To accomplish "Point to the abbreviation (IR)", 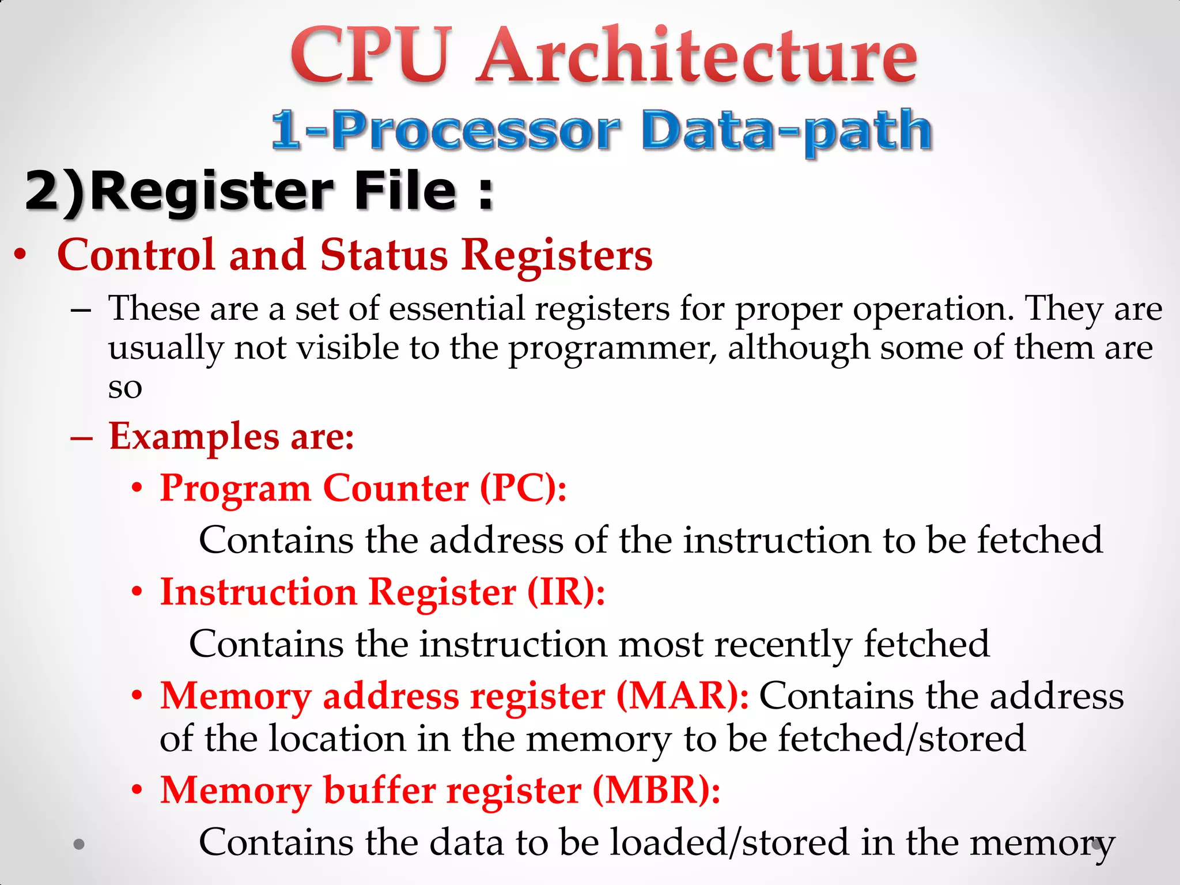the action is tap(565, 592).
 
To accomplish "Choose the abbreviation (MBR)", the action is tap(656, 790).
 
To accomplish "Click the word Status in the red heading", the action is tap(384, 255).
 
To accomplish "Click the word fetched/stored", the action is tap(902, 739).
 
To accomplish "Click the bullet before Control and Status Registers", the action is tap(21, 255).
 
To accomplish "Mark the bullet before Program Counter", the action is tap(137, 489).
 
